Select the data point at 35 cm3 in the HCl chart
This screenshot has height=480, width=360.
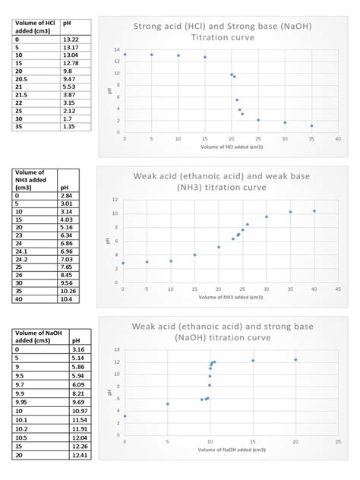coord(311,126)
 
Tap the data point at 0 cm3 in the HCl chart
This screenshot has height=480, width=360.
coord(125,54)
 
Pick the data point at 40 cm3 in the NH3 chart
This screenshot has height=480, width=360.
coord(314,211)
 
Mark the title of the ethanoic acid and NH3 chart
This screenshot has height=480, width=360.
coord(223,182)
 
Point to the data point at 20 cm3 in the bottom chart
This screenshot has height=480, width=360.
coord(295,360)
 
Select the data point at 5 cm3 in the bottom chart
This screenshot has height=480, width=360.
coord(167,404)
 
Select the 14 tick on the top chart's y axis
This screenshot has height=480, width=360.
coord(117,50)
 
